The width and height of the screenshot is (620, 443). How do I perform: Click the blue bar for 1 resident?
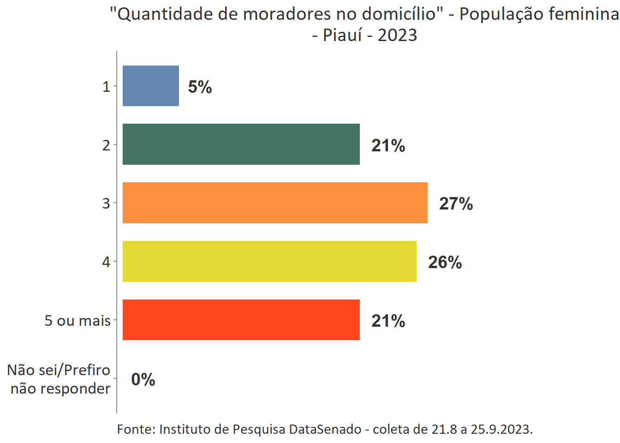(x=151, y=86)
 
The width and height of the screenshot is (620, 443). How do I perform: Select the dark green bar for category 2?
(x=241, y=144)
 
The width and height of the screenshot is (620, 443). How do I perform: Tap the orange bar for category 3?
(x=275, y=203)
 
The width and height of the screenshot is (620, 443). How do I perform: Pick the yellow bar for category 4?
(x=269, y=261)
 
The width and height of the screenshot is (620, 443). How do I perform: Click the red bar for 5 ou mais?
(x=241, y=320)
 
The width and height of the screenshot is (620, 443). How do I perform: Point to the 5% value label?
(x=200, y=87)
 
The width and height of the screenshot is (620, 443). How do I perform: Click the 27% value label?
(x=456, y=204)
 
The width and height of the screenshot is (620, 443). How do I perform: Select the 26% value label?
(x=445, y=262)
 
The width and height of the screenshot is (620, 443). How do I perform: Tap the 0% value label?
(x=143, y=379)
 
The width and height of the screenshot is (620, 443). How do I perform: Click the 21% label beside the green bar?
(x=388, y=145)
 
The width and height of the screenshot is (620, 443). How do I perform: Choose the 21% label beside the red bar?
(x=388, y=321)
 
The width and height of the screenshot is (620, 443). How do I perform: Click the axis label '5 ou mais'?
(x=77, y=320)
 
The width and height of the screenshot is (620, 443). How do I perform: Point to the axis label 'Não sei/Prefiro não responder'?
(x=59, y=379)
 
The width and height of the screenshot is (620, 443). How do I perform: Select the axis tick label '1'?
(x=106, y=86)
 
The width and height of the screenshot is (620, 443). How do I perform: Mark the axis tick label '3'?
(x=106, y=203)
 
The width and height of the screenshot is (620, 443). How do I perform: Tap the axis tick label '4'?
(x=106, y=262)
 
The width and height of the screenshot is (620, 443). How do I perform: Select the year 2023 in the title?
(x=397, y=35)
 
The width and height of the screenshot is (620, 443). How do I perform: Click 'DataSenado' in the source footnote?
(x=325, y=429)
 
